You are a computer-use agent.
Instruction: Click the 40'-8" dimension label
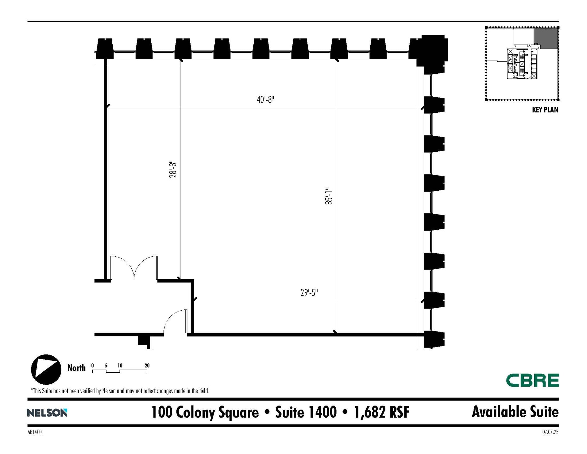click(x=265, y=100)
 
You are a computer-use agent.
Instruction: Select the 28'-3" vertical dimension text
click(x=173, y=169)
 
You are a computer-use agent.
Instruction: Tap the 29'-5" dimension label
click(x=309, y=293)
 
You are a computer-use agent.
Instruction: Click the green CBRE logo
click(x=532, y=380)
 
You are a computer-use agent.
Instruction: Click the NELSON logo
click(x=47, y=413)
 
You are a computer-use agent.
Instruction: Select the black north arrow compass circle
click(x=46, y=369)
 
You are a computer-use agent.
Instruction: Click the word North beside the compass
click(x=76, y=368)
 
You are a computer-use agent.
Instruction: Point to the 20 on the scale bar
click(x=147, y=366)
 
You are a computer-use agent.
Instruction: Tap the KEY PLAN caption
click(x=545, y=110)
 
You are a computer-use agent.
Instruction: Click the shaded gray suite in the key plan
click(x=545, y=38)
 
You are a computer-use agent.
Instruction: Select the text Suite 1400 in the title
click(x=306, y=412)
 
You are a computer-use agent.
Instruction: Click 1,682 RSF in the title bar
click(x=382, y=412)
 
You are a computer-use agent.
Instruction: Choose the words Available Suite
click(x=515, y=412)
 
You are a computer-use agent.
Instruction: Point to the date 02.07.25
click(x=550, y=432)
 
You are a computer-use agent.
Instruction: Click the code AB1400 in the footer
click(x=35, y=432)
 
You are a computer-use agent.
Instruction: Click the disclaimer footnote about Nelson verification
click(x=120, y=391)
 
